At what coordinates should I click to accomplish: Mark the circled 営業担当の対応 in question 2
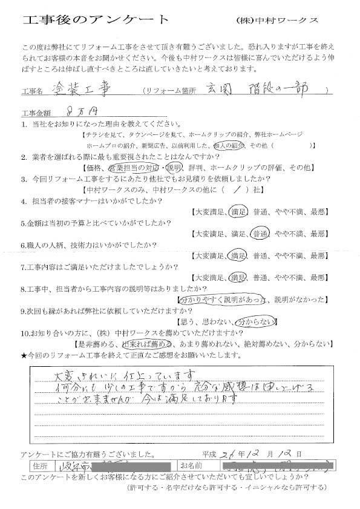point(137,167)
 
